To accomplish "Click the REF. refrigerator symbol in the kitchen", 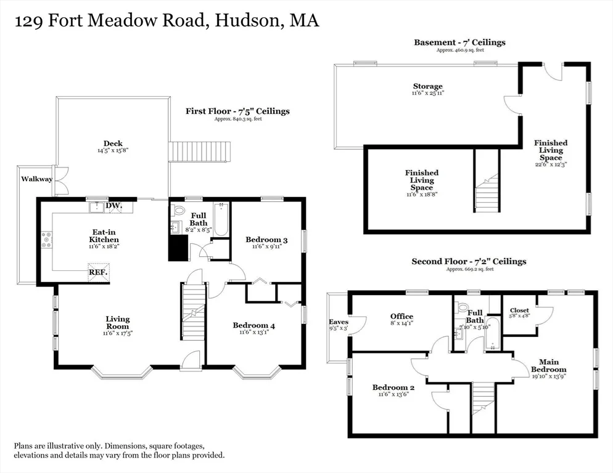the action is [x=98, y=273].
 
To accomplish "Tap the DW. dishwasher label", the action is [x=113, y=206].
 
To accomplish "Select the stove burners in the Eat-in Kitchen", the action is [x=47, y=240].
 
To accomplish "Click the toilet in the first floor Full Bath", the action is [x=179, y=211].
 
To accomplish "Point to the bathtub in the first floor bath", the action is [x=221, y=219].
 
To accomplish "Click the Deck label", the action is [x=113, y=144].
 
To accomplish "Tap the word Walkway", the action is [x=37, y=179].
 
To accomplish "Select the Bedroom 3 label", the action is [x=266, y=240].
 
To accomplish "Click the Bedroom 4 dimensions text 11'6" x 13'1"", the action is [x=254, y=333].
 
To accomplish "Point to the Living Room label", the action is [x=118, y=323].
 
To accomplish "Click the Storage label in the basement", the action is [x=428, y=86].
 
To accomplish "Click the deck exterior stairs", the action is [x=199, y=152].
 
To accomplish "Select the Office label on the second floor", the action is [x=402, y=317].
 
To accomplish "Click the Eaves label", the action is [x=339, y=322].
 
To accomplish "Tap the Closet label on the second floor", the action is [x=519, y=310].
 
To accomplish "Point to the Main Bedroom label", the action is [x=548, y=366].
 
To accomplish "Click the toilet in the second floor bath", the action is [x=463, y=306].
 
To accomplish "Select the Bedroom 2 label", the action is [x=393, y=387].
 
